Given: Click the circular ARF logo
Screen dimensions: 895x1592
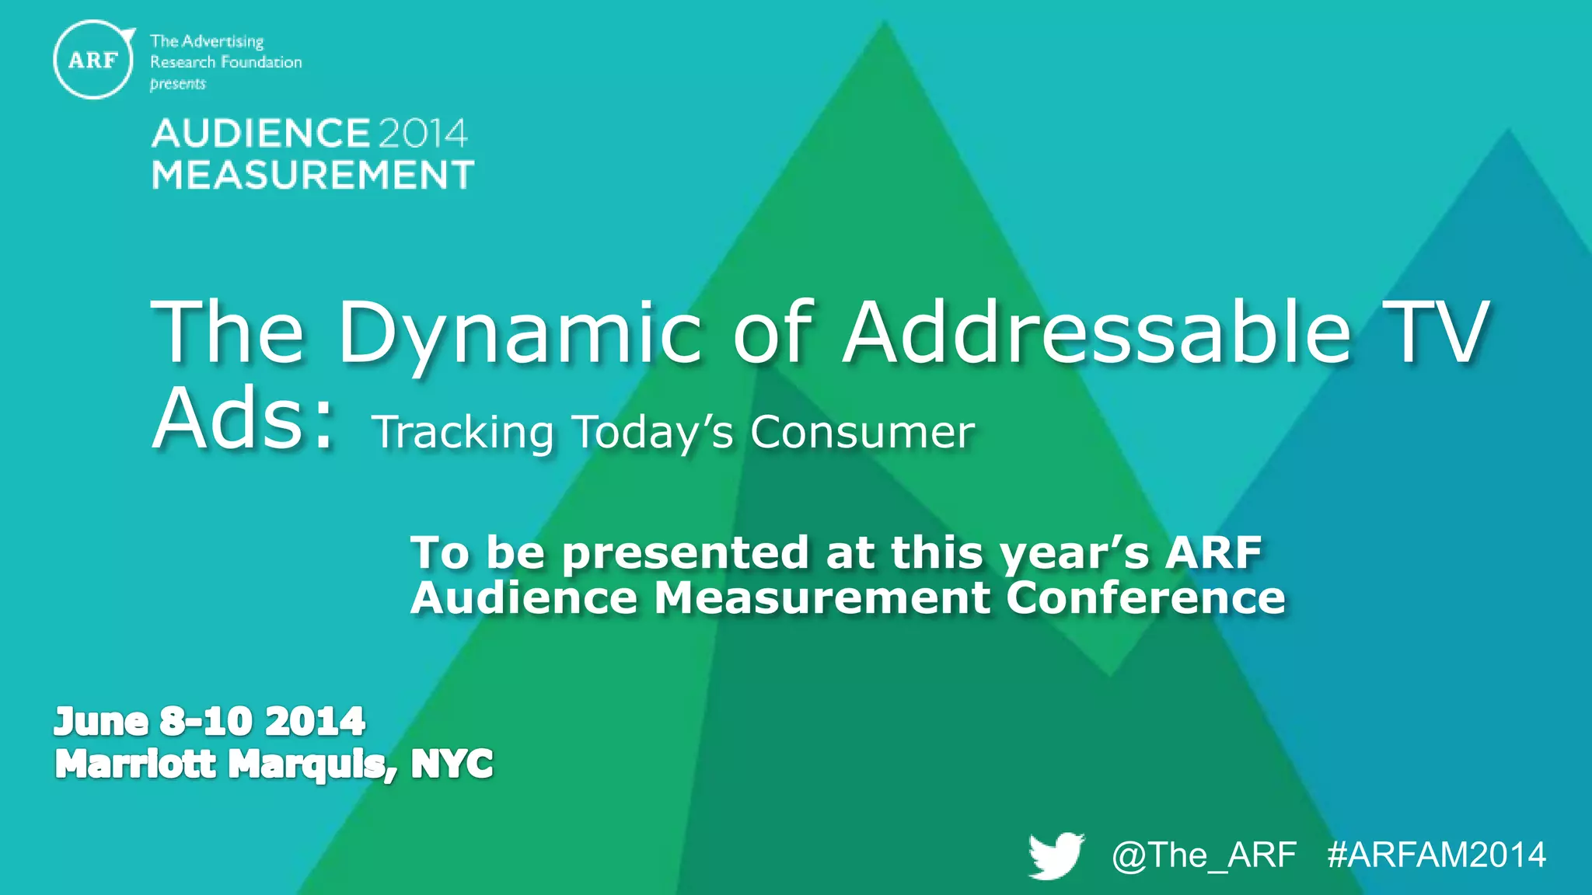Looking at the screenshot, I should [93, 60].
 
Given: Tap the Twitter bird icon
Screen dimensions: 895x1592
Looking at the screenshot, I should [1056, 855].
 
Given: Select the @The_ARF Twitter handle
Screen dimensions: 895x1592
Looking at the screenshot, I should [1203, 855].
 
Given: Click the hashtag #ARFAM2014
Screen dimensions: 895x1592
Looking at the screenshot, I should [1437, 855].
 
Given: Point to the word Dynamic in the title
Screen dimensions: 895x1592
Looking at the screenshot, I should [518, 334].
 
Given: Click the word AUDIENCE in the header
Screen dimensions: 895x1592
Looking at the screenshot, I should [260, 134].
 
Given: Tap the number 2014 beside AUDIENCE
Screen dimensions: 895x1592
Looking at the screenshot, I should [423, 134].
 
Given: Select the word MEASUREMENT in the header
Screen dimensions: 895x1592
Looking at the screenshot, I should [312, 175].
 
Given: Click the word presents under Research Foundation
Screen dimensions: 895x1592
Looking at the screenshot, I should [178, 84].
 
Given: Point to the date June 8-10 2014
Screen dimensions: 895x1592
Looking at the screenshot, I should [209, 722].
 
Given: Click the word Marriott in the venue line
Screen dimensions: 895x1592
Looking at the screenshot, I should [135, 764].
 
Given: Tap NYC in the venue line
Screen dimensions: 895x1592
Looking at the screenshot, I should [452, 764].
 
